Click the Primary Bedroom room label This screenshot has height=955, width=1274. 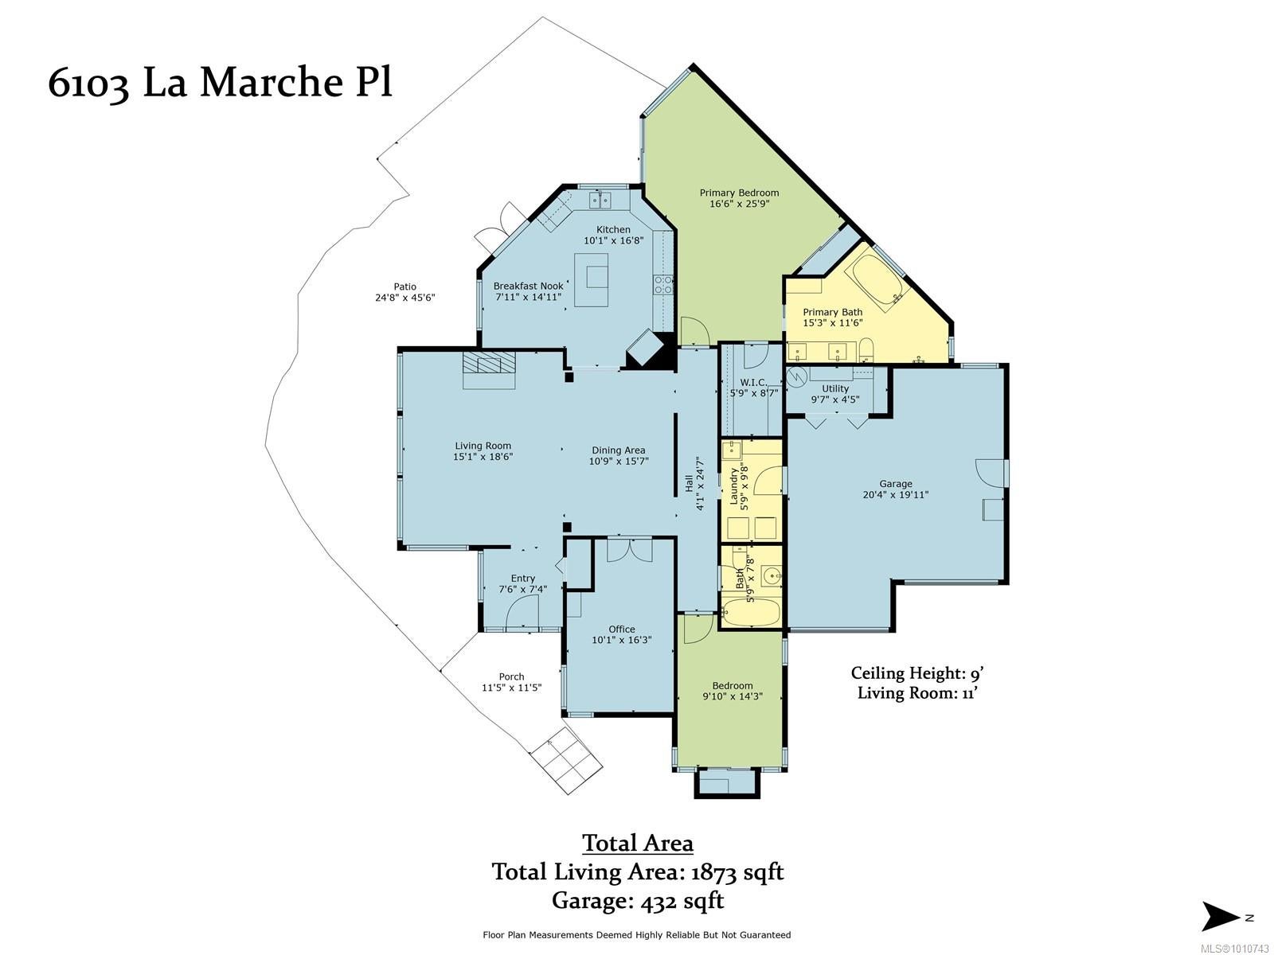739,193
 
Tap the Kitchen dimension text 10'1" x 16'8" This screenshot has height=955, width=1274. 613,240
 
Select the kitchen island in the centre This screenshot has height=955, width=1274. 592,279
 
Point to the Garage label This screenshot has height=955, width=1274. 896,484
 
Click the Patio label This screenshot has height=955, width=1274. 405,286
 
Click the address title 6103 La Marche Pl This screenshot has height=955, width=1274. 221,83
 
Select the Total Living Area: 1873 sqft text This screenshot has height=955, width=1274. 637,871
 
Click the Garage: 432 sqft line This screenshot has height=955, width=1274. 637,901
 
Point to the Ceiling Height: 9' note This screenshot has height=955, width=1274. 917,673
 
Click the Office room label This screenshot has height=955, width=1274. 622,630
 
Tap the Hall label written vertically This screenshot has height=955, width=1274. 689,484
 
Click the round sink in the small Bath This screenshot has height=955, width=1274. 771,576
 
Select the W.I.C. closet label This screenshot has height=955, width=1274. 753,383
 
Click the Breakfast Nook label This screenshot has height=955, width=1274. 528,286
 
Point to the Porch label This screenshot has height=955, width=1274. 511,676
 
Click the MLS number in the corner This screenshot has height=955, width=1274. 1234,949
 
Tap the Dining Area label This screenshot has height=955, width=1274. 618,450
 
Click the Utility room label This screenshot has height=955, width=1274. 835,388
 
